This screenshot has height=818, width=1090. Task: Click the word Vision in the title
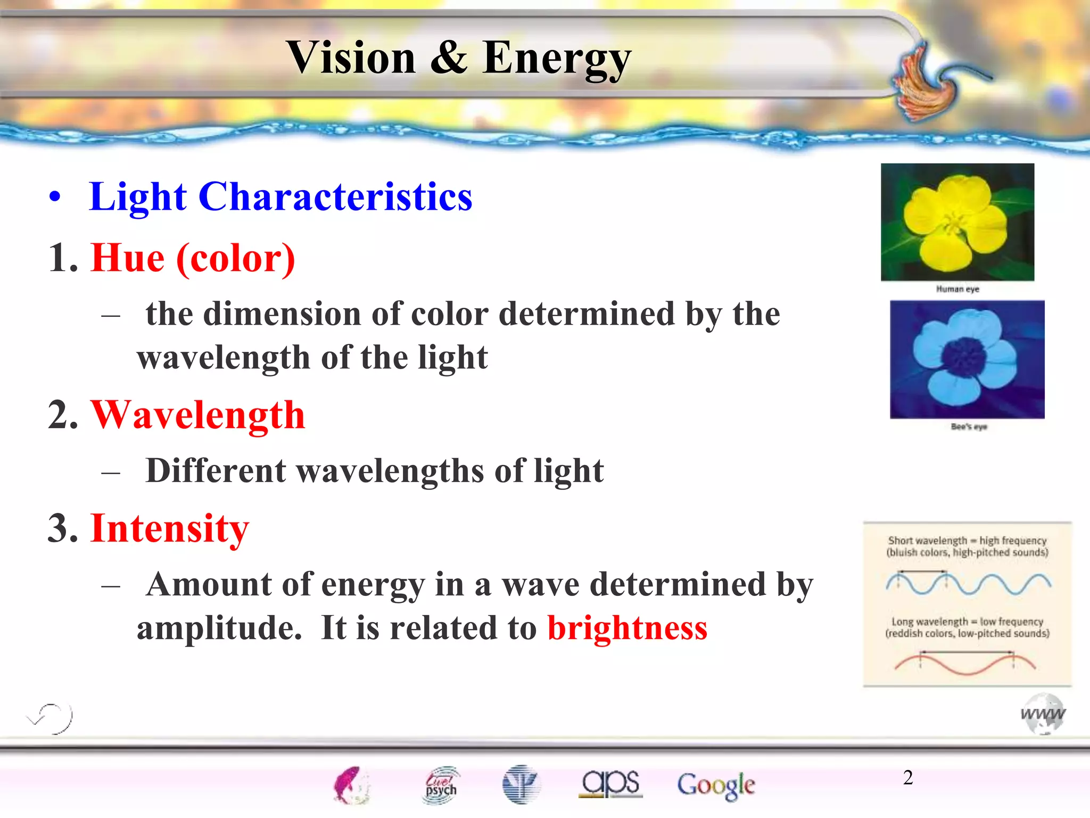tap(351, 58)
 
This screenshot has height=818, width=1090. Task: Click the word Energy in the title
tap(557, 59)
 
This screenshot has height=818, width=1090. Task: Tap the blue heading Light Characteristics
tap(280, 197)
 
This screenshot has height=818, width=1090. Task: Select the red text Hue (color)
tap(193, 258)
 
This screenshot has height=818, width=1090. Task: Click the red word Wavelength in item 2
tap(198, 415)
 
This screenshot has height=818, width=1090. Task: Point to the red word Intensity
tap(170, 528)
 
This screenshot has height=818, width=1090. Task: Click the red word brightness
tap(627, 628)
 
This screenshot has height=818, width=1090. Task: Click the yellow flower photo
tap(957, 222)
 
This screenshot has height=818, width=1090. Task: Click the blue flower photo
tap(967, 359)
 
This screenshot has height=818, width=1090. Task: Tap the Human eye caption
tap(957, 289)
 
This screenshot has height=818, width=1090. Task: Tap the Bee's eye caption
tap(968, 427)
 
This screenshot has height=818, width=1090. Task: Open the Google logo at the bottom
tap(716, 785)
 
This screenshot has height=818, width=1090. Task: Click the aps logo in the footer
tap(610, 783)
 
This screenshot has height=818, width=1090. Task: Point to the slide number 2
tap(908, 778)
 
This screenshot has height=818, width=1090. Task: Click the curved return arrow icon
tap(51, 717)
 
